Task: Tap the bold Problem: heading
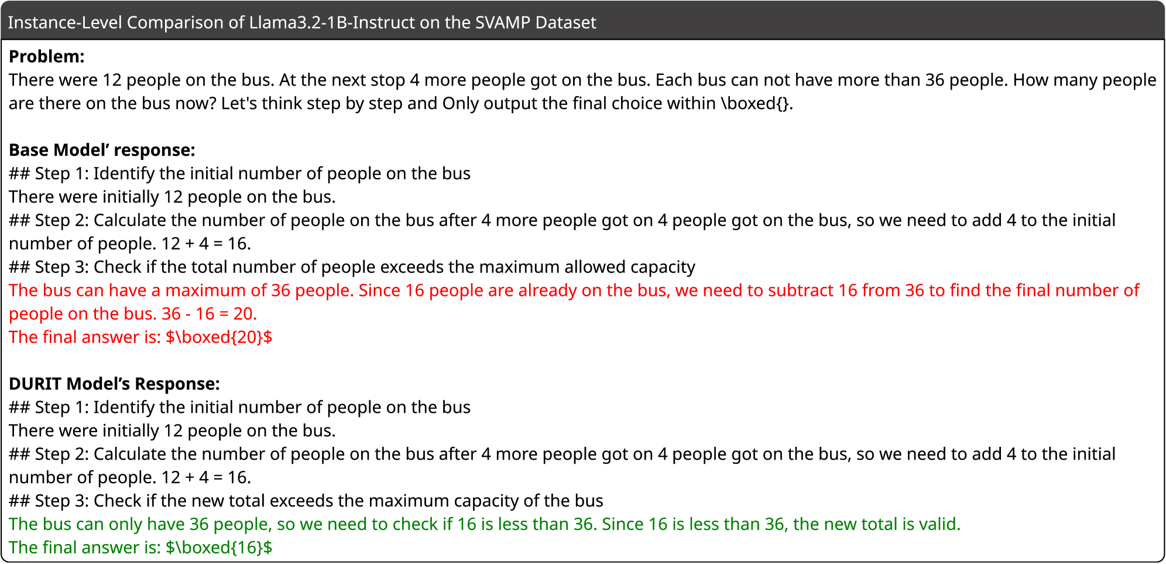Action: (47, 56)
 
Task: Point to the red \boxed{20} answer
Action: (219, 337)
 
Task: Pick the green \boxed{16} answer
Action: (219, 548)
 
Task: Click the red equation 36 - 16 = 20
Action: (209, 314)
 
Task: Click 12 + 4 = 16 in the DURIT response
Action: (207, 477)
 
